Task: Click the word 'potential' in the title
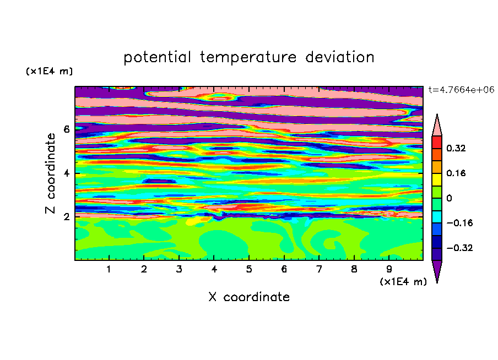(x=157, y=58)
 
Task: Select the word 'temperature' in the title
(x=248, y=58)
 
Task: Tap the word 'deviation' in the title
(x=339, y=57)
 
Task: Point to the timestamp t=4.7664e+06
(x=461, y=90)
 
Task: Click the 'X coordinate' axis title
(x=249, y=297)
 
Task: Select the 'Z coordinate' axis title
(x=51, y=173)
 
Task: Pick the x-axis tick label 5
(x=249, y=269)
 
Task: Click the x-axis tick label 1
(x=109, y=269)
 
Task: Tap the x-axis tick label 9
(x=389, y=269)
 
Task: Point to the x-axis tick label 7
(x=319, y=269)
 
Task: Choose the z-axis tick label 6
(x=66, y=129)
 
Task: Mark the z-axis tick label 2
(x=66, y=217)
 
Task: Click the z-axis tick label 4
(x=66, y=173)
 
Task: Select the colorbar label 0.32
(x=456, y=148)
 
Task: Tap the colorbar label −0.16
(x=459, y=223)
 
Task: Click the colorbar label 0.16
(x=456, y=173)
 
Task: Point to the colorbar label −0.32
(x=459, y=248)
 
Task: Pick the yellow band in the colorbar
(x=437, y=179)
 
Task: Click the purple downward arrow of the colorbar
(x=437, y=269)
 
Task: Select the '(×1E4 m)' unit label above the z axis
(x=50, y=71)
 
